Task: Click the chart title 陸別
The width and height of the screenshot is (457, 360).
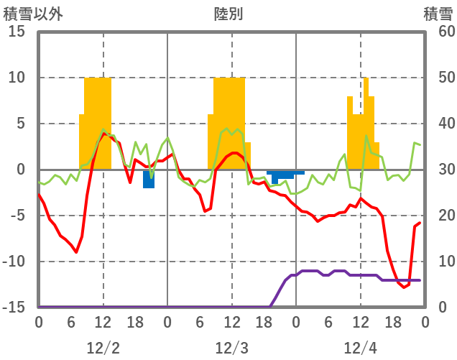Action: pyautogui.click(x=228, y=14)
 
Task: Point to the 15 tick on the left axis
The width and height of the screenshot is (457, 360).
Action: pyautogui.click(x=17, y=32)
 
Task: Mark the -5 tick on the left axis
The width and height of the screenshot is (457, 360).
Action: pyautogui.click(x=17, y=216)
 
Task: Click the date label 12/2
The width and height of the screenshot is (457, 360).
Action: pyautogui.click(x=103, y=349)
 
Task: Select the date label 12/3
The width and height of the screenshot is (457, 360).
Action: pyautogui.click(x=231, y=349)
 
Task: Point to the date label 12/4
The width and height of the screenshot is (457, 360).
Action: pyautogui.click(x=360, y=349)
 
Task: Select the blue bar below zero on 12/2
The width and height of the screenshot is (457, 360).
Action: pyautogui.click(x=149, y=178)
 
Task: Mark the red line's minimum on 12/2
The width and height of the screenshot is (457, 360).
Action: pyautogui.click(x=76, y=252)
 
